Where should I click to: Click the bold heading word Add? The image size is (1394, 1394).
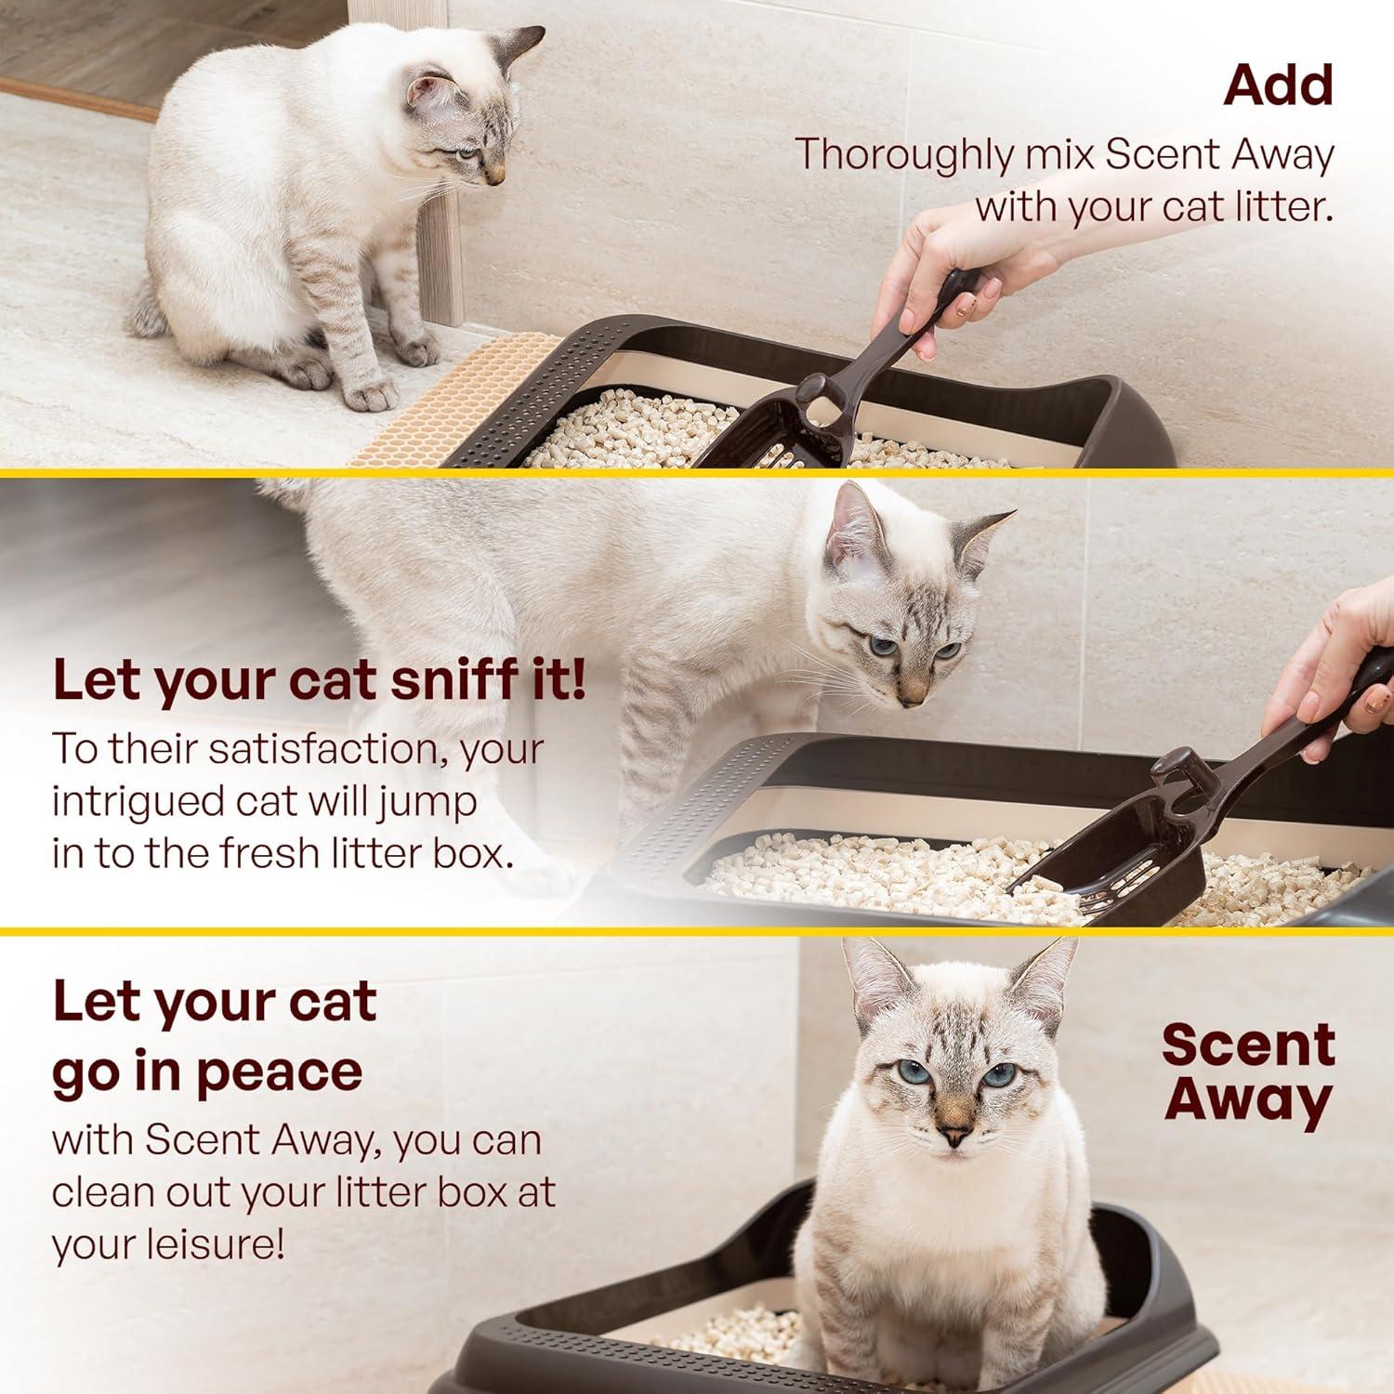pos(1278,85)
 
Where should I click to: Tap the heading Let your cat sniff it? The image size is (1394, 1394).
pos(319,680)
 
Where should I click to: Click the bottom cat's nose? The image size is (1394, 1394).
pos(952,1135)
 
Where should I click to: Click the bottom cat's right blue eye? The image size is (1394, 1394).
pos(999,1075)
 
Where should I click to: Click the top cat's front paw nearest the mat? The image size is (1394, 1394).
pos(372,395)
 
